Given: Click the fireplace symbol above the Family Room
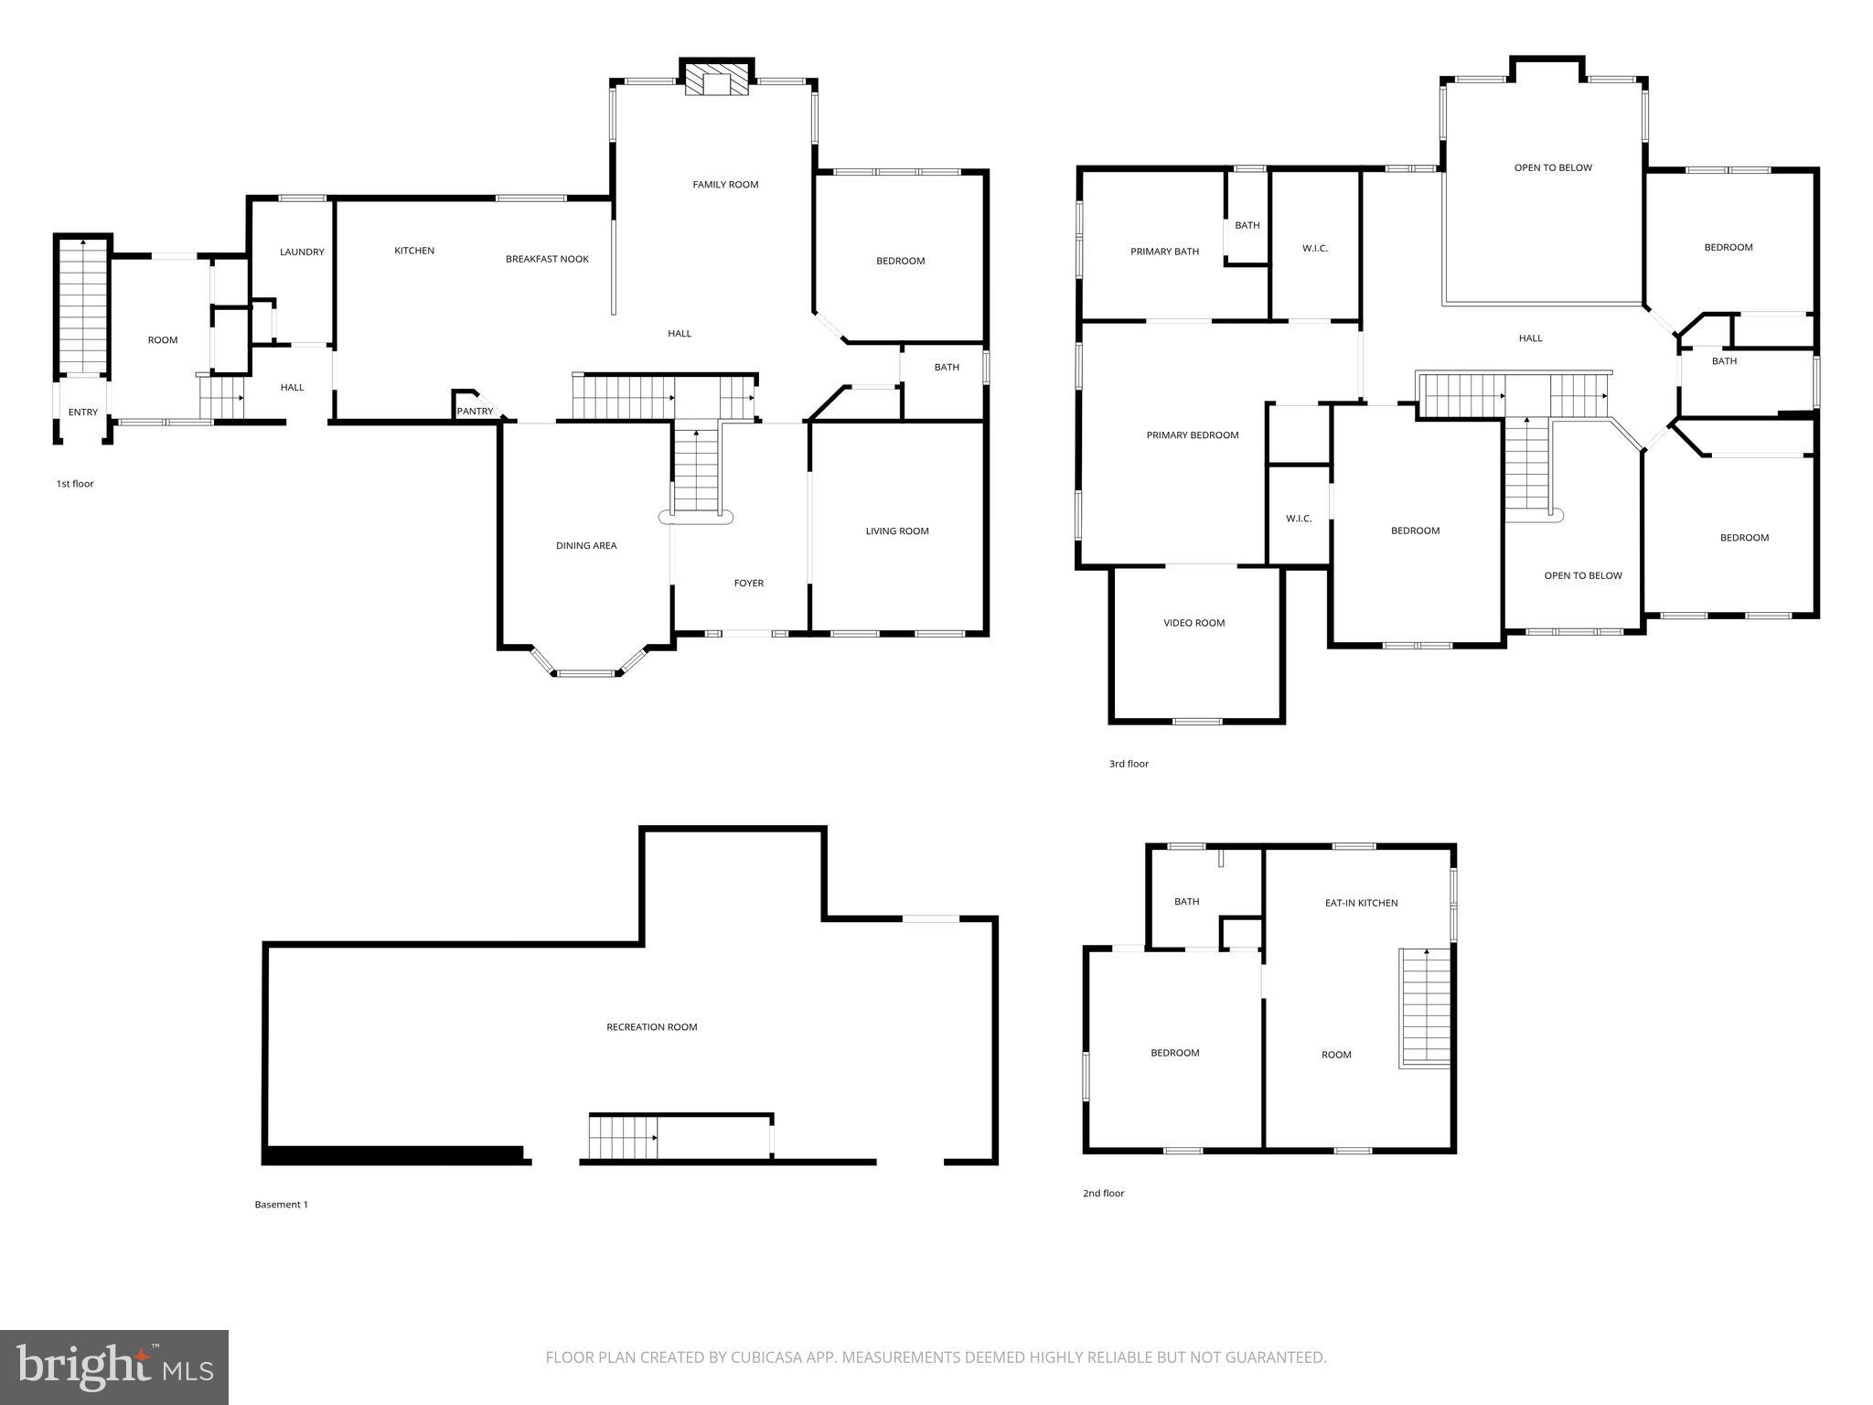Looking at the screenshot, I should pos(717,80).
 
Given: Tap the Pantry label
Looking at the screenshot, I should pos(475,412).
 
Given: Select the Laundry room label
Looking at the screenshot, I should pos(302,252).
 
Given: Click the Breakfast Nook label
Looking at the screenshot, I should pos(547,259).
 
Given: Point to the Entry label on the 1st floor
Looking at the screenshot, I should pos(83,413).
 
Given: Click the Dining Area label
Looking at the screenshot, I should pos(586,546).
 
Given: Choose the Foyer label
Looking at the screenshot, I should pos(749,584).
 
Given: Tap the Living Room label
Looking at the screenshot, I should pos(897,531).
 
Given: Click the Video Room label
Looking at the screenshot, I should pos(1193,624).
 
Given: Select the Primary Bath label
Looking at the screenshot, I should pos(1164,252).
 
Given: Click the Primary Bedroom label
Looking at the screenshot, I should pos(1193,435).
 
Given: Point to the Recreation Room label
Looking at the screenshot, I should pos(651,1027).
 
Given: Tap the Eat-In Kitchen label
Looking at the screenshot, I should pos(1361,904).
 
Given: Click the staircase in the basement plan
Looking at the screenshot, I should pos(623,1137).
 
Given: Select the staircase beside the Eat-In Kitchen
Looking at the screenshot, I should pos(1426,1007).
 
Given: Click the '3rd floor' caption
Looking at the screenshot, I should pos(1129,764).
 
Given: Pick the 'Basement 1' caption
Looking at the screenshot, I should pos(281,1205).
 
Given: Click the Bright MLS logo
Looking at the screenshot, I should pos(114,1367).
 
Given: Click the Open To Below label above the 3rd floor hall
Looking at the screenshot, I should pos(1553,168).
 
